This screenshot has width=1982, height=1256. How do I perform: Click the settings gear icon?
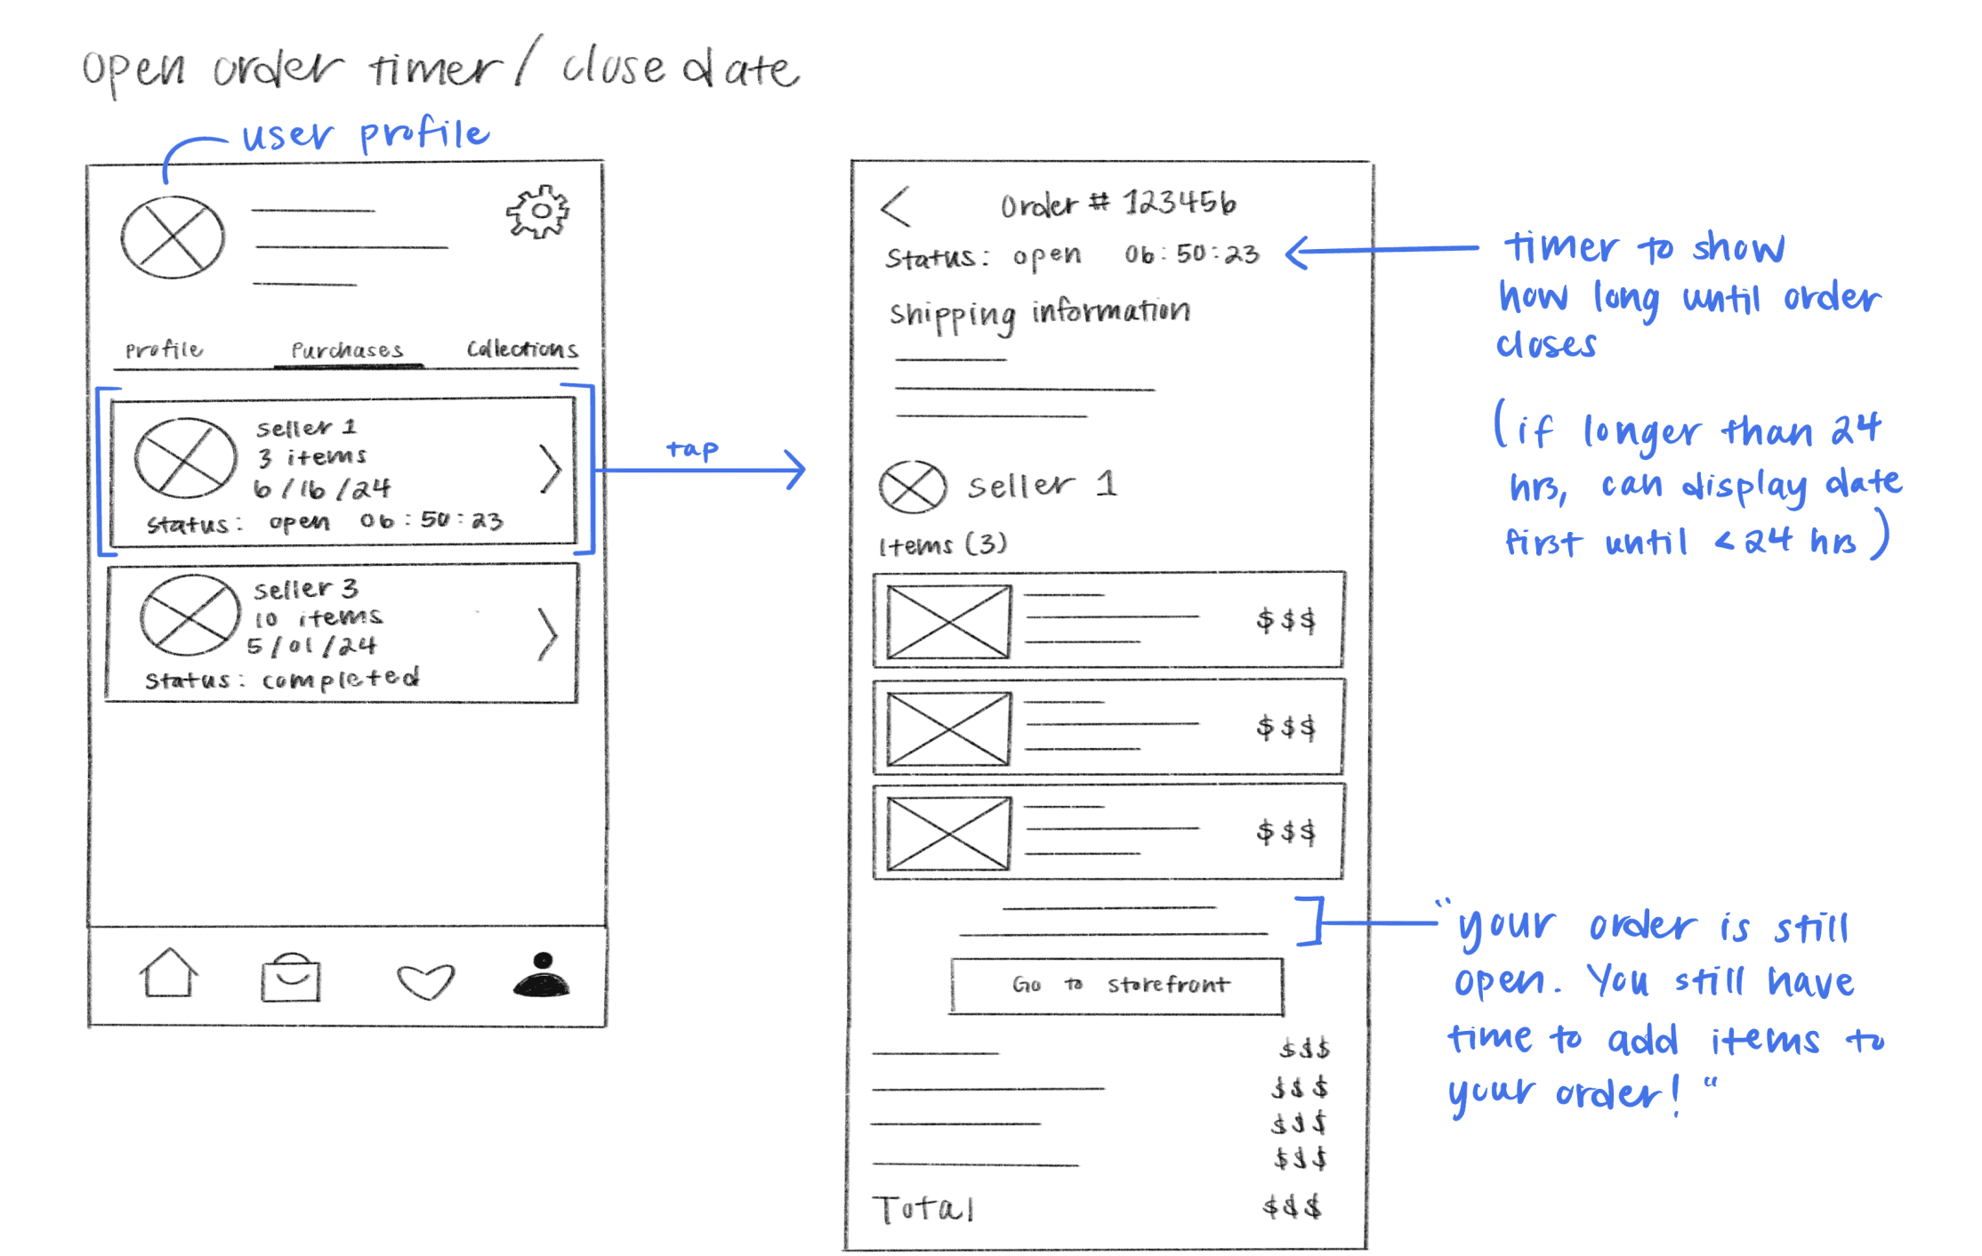pos(538,212)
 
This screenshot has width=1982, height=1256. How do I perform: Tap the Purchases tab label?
pos(347,350)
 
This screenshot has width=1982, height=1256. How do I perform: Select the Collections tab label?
pos(522,349)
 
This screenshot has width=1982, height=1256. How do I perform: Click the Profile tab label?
pos(164,350)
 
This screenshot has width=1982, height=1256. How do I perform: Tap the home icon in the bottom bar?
pos(169,974)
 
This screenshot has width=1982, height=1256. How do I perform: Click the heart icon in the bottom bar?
pos(425,981)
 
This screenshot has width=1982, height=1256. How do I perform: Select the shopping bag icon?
pos(291,978)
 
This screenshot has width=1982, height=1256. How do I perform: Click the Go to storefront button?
pos(1117,986)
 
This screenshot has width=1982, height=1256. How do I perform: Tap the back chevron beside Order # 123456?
pos(896,207)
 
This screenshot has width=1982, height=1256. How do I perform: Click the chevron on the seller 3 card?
pos(548,634)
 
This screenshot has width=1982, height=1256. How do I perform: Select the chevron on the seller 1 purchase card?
pos(551,469)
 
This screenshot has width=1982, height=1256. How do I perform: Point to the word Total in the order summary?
pos(923,1209)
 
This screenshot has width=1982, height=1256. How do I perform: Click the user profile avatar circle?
pos(173,238)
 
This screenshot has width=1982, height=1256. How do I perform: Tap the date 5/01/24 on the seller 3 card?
pos(312,646)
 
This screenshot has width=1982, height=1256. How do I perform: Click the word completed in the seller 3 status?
pos(340,680)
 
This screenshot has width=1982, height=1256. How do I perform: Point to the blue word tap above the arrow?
pos(692,449)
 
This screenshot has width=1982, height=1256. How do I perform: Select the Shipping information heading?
pos(1039,313)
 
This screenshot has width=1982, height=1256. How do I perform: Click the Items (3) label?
pos(942,544)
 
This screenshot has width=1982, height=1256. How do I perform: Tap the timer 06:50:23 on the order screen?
pos(1191,255)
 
